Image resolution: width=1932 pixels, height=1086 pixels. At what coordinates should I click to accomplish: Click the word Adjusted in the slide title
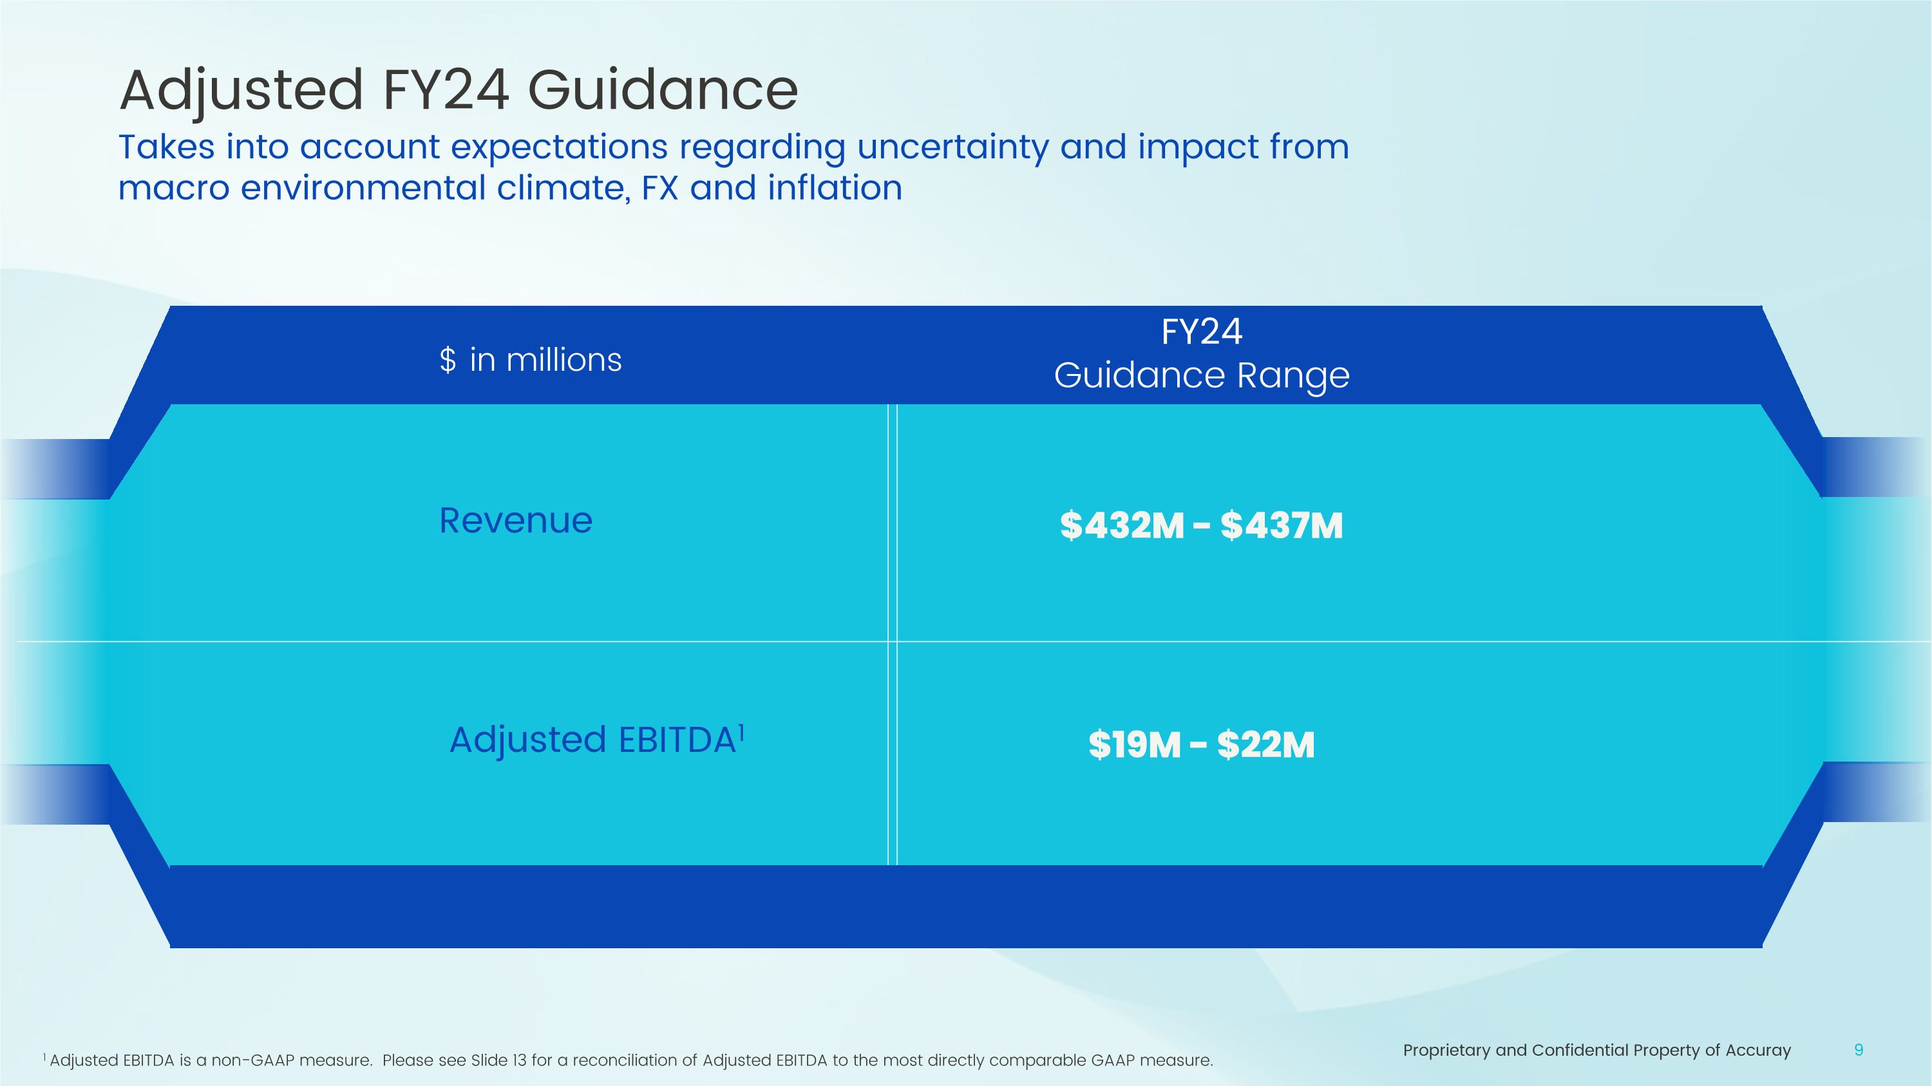click(241, 91)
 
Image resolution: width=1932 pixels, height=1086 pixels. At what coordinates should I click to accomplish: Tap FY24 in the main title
click(446, 91)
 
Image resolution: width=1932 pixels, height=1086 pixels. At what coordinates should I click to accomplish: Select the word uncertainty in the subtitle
click(952, 147)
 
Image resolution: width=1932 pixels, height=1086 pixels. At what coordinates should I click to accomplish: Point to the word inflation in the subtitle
click(834, 187)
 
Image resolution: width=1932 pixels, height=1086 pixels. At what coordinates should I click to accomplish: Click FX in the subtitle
click(660, 187)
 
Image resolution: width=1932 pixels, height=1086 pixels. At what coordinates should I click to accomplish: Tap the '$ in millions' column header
click(530, 360)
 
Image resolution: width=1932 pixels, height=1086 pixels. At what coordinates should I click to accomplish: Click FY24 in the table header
click(1202, 332)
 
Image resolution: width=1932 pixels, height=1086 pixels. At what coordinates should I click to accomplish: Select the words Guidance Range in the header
click(1202, 375)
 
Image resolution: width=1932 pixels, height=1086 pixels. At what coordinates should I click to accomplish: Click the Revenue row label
click(516, 520)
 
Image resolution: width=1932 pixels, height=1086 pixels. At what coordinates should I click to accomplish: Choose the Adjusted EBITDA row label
click(592, 740)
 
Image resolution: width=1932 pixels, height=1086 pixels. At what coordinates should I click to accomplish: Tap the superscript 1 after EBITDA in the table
click(741, 730)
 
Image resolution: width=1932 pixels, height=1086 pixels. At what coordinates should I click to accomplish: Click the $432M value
click(1122, 525)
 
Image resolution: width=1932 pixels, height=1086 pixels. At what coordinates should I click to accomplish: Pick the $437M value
click(1281, 525)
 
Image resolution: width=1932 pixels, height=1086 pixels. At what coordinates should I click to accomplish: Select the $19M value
click(1134, 745)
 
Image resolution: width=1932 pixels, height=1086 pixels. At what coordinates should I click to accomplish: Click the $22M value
click(1265, 745)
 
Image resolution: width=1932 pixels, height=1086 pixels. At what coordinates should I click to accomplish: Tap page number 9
click(1859, 1050)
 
